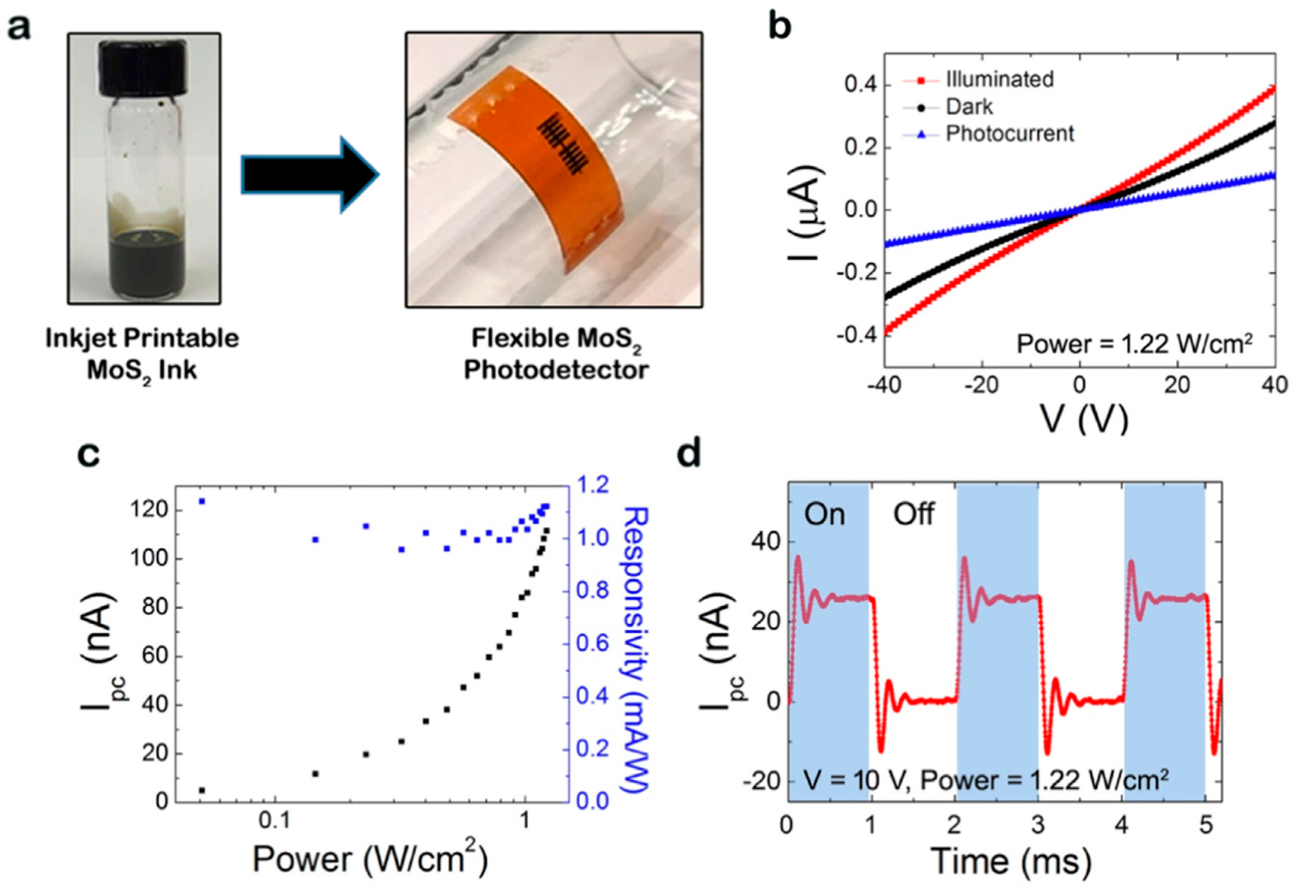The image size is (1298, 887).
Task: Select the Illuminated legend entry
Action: pos(999,79)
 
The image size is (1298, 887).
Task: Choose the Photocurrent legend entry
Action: pos(1009,133)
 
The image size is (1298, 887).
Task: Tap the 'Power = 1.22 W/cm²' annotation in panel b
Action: pos(1134,343)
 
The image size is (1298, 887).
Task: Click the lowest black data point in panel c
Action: pos(202,790)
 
